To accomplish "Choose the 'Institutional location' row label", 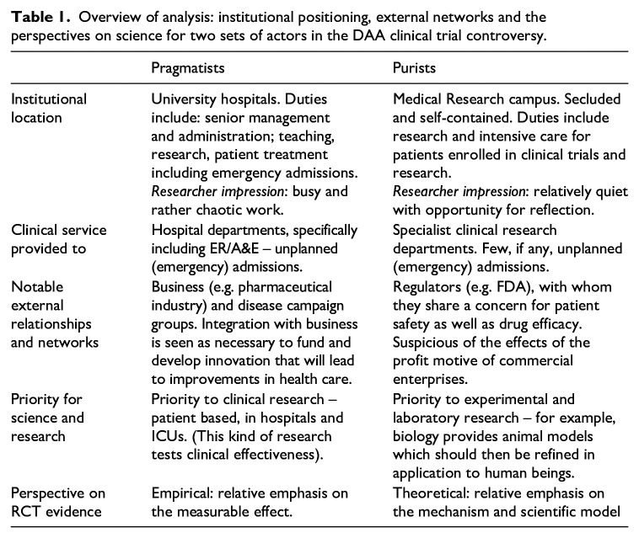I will click(x=48, y=108).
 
